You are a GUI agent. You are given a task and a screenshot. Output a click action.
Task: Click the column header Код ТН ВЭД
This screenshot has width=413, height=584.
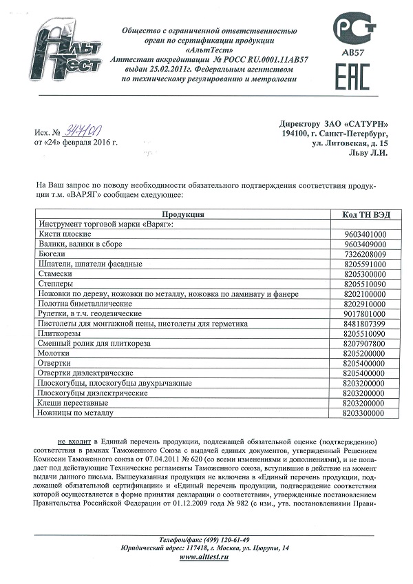[x=365, y=215]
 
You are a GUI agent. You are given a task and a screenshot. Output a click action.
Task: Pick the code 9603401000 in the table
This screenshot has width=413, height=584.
[x=364, y=235]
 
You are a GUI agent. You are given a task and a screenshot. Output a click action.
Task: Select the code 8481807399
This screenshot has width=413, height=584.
[x=364, y=324]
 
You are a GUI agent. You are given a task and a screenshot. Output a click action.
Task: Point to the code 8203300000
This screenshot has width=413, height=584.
[x=364, y=413]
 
